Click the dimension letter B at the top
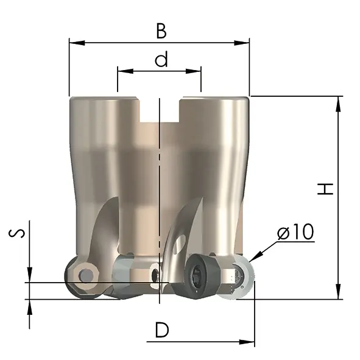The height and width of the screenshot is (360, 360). tap(161, 31)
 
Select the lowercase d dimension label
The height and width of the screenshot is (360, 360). tap(161, 59)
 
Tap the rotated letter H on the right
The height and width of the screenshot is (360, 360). tap(325, 189)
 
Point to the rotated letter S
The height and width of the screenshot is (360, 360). tap(16, 233)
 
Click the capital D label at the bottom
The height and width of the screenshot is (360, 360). tap(162, 330)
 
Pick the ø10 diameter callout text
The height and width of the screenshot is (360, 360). tap(295, 231)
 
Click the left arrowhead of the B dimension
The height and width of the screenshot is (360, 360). tap(77, 43)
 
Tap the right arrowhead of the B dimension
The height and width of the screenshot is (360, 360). tap(242, 43)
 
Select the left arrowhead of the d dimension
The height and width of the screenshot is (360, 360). tap(125, 71)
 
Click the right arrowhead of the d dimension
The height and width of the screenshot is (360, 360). tap(193, 71)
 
